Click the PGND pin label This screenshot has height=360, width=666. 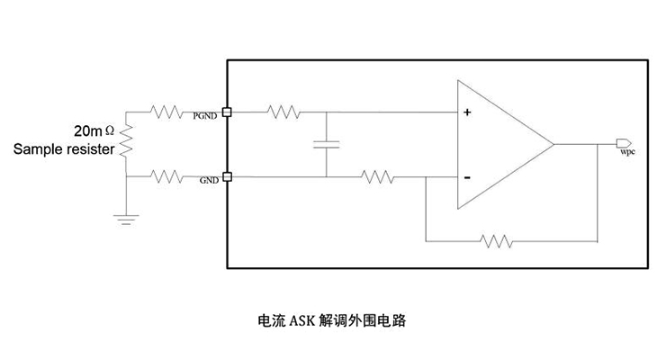click(205, 117)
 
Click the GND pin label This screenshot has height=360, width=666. click(209, 181)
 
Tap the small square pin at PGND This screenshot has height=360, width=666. click(226, 112)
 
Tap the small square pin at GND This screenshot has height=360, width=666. click(226, 176)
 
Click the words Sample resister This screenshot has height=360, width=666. click(64, 149)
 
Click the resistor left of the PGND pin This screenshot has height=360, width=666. click(167, 112)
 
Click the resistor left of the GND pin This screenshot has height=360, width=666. click(167, 176)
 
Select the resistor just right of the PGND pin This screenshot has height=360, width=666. click(283, 112)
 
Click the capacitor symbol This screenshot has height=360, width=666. click(326, 144)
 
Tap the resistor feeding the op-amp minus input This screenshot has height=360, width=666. click(379, 176)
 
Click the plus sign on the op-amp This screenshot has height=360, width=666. click(468, 113)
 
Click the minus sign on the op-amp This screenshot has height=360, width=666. click(468, 177)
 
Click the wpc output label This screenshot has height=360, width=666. click(628, 153)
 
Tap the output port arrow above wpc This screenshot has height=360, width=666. click(622, 143)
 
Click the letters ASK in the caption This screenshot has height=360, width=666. click(302, 319)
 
